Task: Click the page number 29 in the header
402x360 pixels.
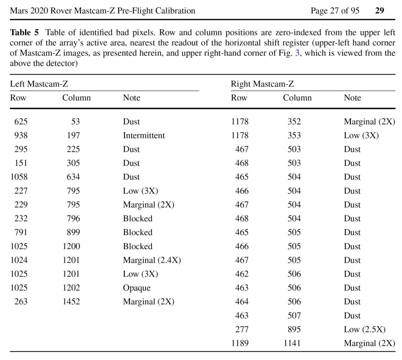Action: click(x=380, y=11)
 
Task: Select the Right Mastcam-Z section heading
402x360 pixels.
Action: click(x=262, y=84)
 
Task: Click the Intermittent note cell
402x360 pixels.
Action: click(x=144, y=135)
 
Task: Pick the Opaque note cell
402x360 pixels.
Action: click(x=137, y=288)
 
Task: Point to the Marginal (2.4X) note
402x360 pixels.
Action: click(x=152, y=260)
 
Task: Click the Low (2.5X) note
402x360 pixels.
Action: click(x=365, y=329)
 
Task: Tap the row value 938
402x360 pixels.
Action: click(x=21, y=135)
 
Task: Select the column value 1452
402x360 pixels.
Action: click(x=71, y=302)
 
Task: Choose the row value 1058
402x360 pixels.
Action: click(x=19, y=177)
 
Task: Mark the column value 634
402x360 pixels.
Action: click(x=73, y=177)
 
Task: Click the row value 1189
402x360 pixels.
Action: click(x=240, y=343)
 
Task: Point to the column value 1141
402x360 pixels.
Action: click(x=292, y=343)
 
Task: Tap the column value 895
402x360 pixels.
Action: click(x=294, y=329)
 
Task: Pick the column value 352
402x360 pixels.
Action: click(x=294, y=122)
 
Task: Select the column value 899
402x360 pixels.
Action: click(x=73, y=232)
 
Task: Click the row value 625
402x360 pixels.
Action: click(x=21, y=122)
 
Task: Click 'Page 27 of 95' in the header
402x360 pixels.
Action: click(x=335, y=11)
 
